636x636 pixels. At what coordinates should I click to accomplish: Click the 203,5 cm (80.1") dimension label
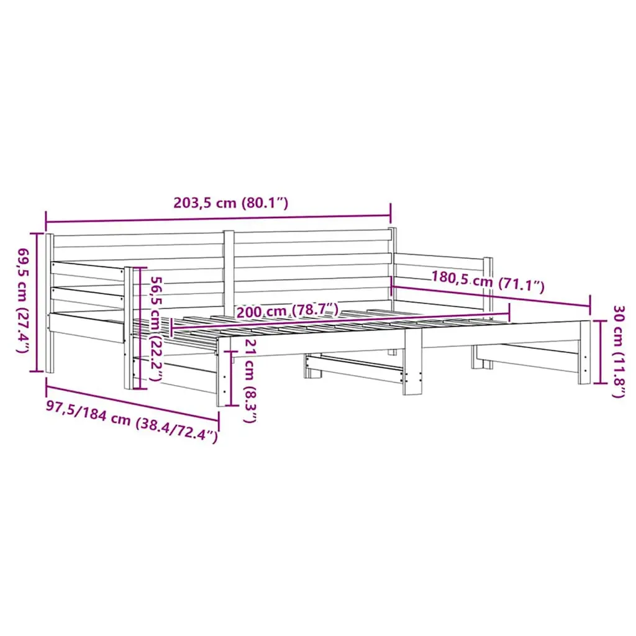click(x=231, y=202)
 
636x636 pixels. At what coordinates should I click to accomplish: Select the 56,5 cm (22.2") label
click(x=157, y=329)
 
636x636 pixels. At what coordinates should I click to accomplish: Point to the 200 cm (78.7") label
click(x=287, y=312)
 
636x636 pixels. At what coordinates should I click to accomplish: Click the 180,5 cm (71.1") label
click(x=487, y=281)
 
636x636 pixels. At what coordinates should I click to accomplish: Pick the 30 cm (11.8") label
click(x=619, y=352)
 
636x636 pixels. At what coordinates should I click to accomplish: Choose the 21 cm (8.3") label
click(x=250, y=381)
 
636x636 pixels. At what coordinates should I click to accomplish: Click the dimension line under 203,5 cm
click(x=218, y=219)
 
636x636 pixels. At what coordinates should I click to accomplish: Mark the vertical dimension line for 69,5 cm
click(x=39, y=302)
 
